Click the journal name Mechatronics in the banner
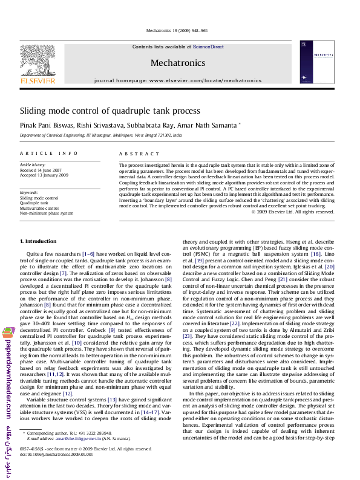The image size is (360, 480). pos(177,63)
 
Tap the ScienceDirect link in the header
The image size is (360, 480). pos(208,47)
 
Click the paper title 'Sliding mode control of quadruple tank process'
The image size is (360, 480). pos(110,111)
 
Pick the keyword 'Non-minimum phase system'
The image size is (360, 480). pos(47,213)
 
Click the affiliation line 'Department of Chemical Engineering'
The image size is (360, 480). pos(100,136)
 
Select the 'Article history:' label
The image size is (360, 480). pos(33,165)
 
